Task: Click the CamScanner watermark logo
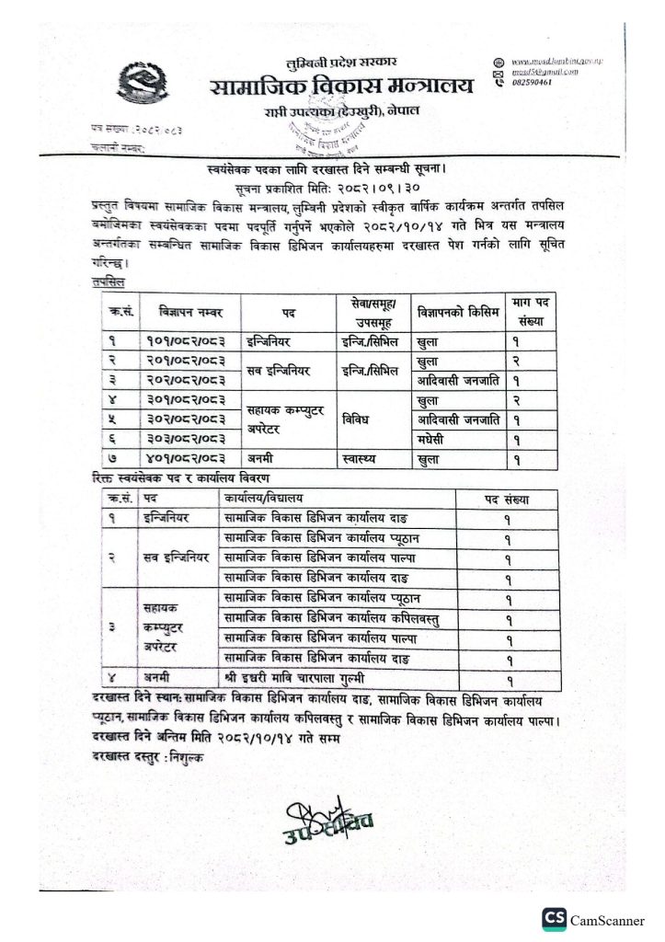pos(555,918)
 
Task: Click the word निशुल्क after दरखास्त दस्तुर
pos(183,756)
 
